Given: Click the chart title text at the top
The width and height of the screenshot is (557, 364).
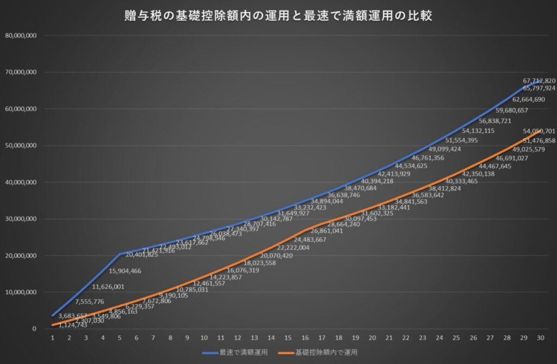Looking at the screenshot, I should tap(278, 16).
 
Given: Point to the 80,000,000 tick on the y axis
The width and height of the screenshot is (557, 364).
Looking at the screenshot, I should tap(21, 35).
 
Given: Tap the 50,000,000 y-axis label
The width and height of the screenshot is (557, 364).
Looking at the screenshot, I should tap(21, 145).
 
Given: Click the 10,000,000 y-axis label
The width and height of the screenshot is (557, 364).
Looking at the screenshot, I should tap(21, 292).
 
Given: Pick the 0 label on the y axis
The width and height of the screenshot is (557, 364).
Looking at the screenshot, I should tap(34, 329).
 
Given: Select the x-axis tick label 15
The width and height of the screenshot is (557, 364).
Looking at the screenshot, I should tap(287, 338).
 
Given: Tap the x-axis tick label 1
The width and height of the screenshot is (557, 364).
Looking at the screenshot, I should tap(53, 338).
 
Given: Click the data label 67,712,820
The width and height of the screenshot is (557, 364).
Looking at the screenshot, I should tap(539, 81).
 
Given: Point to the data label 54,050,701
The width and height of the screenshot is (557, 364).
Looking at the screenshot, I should tap(539, 131).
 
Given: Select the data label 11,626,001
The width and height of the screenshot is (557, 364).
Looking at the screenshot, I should tap(108, 287).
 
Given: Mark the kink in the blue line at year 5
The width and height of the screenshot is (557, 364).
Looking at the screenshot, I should tap(120, 254).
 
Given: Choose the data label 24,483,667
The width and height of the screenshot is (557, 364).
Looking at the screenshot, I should tap(310, 239).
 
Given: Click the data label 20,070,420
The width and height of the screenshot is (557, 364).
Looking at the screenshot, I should tap(276, 255).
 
